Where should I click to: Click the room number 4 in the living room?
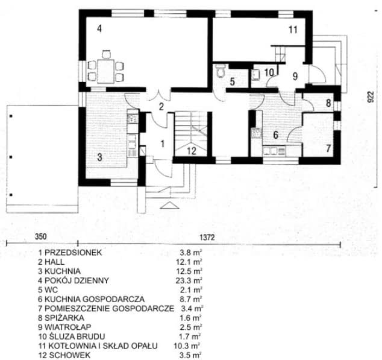(x=100, y=28)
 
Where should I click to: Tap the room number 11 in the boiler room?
(x=293, y=30)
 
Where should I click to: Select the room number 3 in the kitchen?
(x=99, y=157)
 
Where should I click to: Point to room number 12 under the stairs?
(x=192, y=151)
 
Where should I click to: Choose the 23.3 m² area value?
(x=191, y=280)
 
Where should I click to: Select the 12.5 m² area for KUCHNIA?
(x=191, y=271)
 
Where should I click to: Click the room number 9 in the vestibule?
(x=295, y=76)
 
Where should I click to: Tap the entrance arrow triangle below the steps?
(x=170, y=206)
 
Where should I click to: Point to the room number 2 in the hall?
(x=161, y=107)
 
